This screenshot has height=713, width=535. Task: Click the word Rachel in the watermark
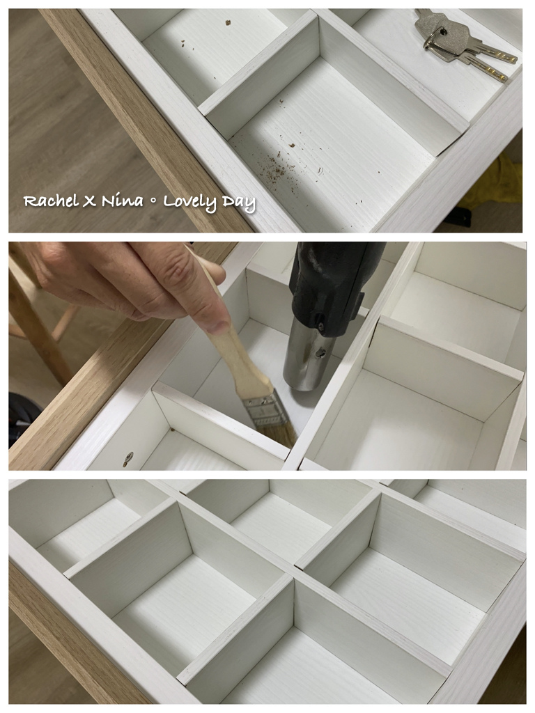(50, 201)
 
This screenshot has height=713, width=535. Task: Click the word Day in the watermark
(238, 203)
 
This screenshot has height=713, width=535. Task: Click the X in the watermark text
(89, 201)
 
